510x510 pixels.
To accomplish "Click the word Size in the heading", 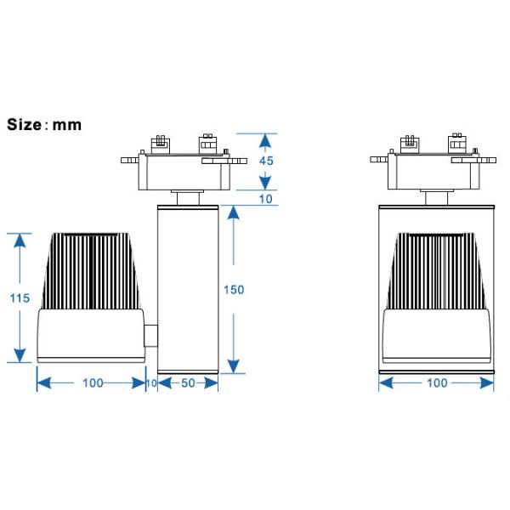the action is click(24, 125).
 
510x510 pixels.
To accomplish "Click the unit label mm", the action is click(67, 126).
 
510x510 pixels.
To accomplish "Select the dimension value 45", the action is click(266, 161).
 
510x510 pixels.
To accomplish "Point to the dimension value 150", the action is click(234, 290).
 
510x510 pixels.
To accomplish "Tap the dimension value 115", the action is click(20, 298).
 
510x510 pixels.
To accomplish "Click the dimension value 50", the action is click(188, 383).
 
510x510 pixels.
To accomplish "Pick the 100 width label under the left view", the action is click(93, 383).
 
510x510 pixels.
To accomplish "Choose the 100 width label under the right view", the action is click(437, 382).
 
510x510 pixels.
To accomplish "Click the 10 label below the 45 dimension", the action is click(266, 199).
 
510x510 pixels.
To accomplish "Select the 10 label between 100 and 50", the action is click(151, 383).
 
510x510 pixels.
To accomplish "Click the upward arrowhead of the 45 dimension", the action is click(265, 140).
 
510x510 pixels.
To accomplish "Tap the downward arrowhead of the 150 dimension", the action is click(234, 366).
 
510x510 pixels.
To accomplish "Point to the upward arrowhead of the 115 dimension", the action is click(20, 241).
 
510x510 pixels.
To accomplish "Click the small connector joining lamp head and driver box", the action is click(151, 336).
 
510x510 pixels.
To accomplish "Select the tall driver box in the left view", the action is click(188, 290).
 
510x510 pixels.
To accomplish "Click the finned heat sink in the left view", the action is click(90, 271).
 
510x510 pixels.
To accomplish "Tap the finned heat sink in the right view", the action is click(436, 271).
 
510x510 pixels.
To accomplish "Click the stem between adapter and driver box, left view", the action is click(188, 198).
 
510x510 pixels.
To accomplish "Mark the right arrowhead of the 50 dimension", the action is click(212, 383).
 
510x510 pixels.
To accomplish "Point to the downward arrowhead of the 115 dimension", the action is click(20, 355).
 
